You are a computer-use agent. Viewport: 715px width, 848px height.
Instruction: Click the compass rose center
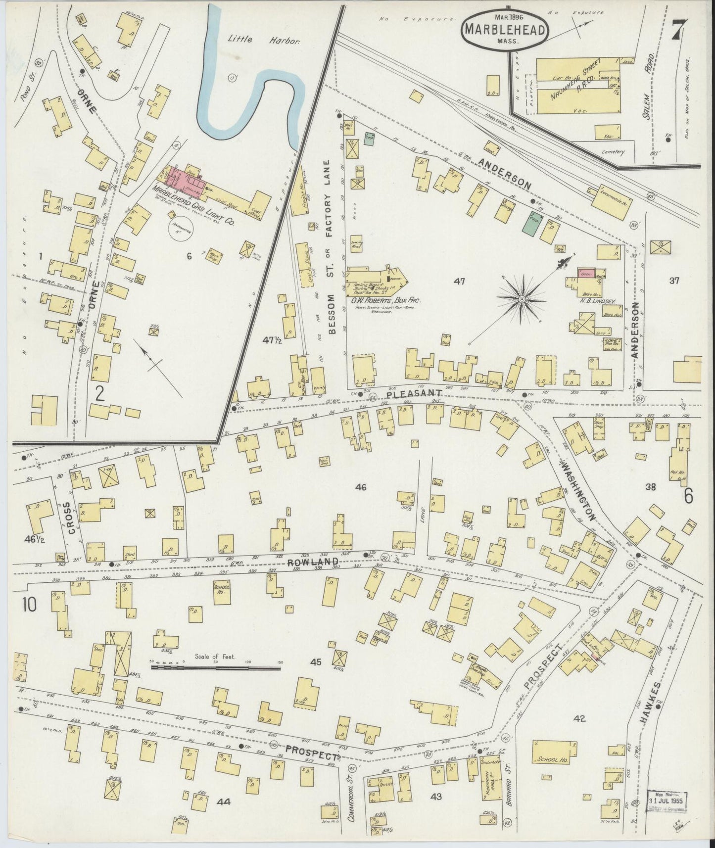point(522,299)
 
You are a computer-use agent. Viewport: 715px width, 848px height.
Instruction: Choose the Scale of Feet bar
point(216,667)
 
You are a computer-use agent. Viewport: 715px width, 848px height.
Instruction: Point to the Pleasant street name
point(413,393)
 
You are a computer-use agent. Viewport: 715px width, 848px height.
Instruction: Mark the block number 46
point(361,487)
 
